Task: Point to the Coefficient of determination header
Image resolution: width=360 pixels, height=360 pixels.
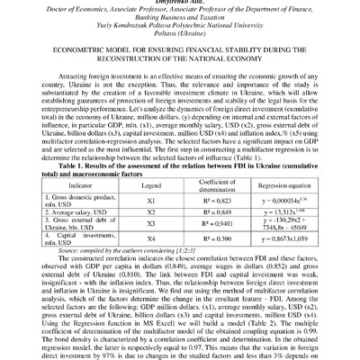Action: pyautogui.click(x=211, y=185)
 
